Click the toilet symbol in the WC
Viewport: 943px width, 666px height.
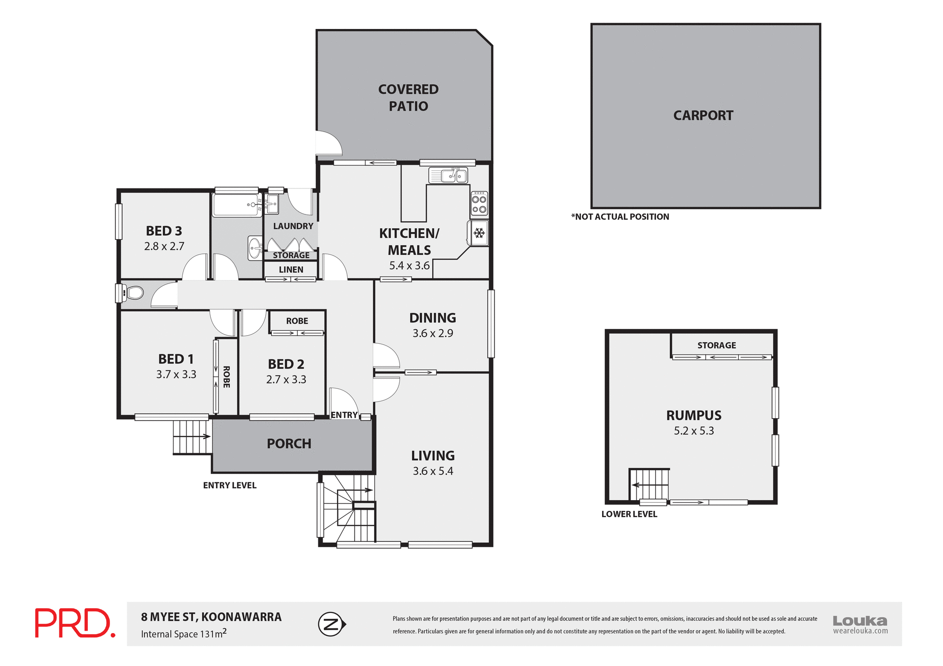134,293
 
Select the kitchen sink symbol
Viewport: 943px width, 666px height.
448,175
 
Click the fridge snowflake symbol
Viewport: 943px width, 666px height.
479,233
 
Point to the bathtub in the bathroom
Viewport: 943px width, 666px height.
237,205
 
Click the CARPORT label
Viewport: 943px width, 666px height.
703,116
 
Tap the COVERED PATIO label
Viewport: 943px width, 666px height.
408,98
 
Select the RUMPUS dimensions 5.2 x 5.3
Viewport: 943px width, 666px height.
693,431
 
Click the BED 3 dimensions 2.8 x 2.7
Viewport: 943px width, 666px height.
164,246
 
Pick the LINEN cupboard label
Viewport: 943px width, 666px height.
291,269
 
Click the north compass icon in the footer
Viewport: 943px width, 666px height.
332,624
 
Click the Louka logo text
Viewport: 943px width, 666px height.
860,621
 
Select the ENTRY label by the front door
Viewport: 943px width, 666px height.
344,415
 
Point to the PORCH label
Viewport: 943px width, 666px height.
289,444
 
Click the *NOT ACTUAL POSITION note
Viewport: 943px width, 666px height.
620,217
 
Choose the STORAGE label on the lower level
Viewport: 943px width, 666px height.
717,346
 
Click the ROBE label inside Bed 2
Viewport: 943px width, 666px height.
297,321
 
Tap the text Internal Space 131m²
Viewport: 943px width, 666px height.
184,634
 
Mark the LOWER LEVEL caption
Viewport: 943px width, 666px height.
629,514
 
